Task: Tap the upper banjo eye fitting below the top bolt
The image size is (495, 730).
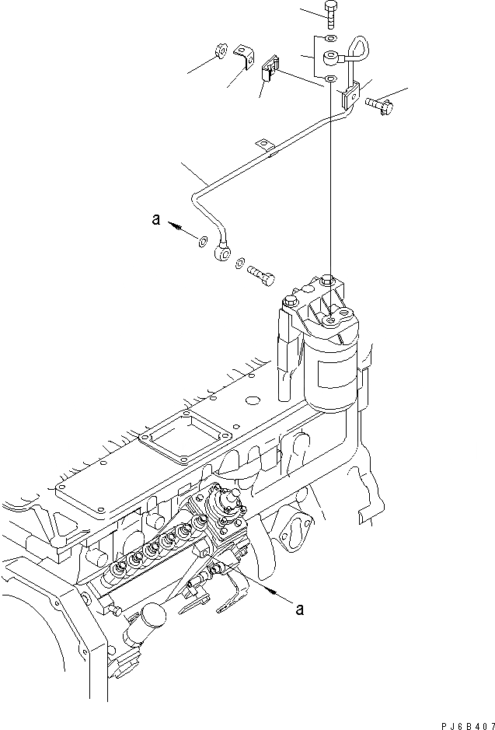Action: click(x=332, y=57)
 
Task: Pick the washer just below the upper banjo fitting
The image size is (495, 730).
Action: click(x=331, y=79)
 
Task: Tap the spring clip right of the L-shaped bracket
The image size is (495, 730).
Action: click(x=271, y=68)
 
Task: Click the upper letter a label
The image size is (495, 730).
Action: click(x=156, y=221)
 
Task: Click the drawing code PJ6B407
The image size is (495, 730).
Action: click(x=460, y=723)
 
